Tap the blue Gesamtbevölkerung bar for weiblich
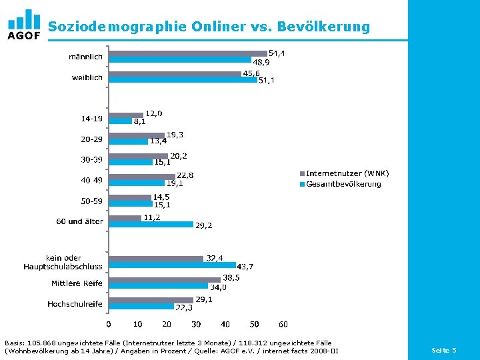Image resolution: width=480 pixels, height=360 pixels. click(183, 80)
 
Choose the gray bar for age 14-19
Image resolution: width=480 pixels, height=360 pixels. click(126, 115)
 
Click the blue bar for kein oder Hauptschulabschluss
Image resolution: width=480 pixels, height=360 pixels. click(172, 265)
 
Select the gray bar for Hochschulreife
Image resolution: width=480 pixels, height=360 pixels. click(151, 301)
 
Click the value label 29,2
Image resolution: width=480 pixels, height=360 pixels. click(204, 225)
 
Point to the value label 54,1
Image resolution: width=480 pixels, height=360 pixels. click(277, 53)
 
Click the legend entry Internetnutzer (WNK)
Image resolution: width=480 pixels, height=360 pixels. click(347, 173)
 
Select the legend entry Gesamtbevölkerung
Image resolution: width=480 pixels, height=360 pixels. click(343, 183)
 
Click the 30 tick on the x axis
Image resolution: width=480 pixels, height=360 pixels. click(196, 325)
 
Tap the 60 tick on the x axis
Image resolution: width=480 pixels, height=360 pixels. click(283, 325)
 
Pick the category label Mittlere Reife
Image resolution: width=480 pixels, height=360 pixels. click(77, 283)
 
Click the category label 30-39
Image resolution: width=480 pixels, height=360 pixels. click(92, 160)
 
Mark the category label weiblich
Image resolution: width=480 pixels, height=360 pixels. click(87, 77)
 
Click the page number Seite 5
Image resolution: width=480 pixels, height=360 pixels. click(444, 350)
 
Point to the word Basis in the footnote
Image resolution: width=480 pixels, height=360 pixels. click(15, 343)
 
